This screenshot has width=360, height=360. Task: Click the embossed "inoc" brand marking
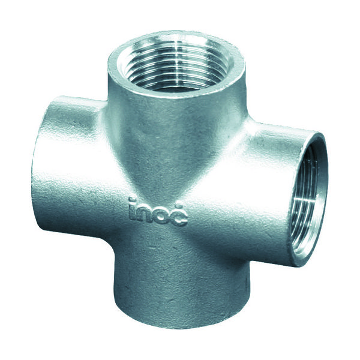pos(158,211)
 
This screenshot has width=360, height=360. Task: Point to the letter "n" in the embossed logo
pos(144,212)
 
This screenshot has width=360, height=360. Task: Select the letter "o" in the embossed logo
pos(162,214)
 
